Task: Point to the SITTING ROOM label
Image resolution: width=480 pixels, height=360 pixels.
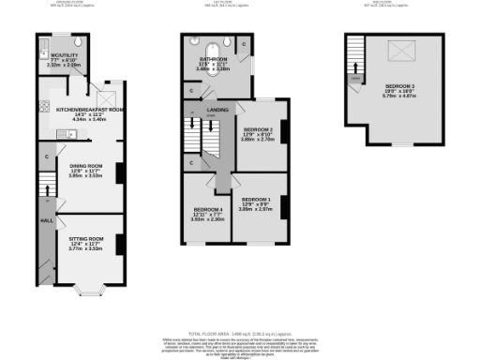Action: click(85, 239)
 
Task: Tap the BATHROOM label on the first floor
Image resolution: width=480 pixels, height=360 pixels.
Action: click(212, 59)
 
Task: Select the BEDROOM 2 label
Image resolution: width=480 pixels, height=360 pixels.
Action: click(258, 128)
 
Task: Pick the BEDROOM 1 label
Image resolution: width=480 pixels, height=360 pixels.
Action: click(256, 200)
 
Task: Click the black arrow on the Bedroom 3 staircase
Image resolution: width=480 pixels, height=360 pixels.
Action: click(355, 71)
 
